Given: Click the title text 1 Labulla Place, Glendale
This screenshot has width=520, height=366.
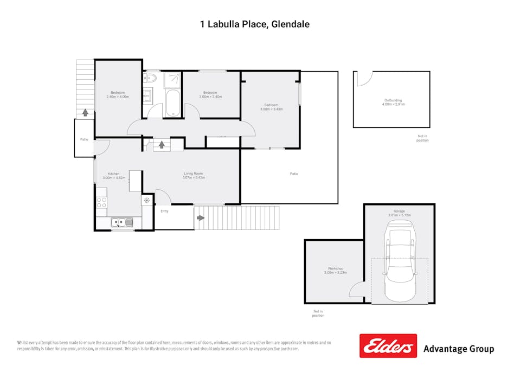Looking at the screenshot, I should tap(254, 24).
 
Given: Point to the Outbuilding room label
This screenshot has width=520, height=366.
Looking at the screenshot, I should tap(393, 100).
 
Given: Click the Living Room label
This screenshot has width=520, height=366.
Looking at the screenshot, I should tap(194, 174).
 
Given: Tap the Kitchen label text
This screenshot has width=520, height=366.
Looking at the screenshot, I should tap(113, 174).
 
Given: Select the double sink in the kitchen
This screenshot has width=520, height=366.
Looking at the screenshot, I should tap(122, 222).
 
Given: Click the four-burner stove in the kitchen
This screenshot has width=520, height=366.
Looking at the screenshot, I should tap(101, 203).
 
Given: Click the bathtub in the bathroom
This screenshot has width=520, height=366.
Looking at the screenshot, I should tap(172, 103).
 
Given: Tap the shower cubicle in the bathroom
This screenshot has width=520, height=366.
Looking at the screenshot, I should tap(172, 80).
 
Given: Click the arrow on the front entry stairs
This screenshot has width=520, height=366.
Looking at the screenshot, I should tap(201, 218).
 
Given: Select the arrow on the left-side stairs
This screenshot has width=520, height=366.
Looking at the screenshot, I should tap(85, 113).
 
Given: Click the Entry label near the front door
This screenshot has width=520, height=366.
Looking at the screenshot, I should tap(164, 211).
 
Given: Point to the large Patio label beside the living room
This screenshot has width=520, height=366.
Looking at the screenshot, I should tap(293, 174).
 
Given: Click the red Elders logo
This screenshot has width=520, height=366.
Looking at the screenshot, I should tap(388, 345).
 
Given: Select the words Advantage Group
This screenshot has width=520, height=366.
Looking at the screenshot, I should tap(458, 349).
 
